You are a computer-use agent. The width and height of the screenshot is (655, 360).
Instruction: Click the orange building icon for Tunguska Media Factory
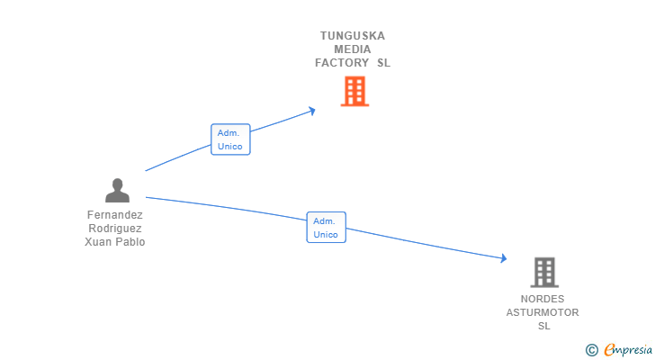[x=354, y=91]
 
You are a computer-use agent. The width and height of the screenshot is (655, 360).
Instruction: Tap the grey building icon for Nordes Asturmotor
[x=543, y=272]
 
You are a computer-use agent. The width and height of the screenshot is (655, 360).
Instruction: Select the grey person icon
[x=117, y=190]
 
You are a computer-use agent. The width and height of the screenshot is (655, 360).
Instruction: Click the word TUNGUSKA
[x=353, y=36]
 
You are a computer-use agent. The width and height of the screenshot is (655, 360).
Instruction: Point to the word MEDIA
[x=353, y=49]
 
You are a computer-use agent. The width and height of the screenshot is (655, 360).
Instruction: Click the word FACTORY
[x=342, y=63]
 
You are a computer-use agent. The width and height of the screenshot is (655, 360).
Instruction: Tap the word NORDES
[x=543, y=299]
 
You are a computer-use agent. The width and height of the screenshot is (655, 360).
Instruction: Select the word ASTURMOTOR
[x=543, y=312]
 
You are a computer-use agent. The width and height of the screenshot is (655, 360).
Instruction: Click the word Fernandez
[x=115, y=215]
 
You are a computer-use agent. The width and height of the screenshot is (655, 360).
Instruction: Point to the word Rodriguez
[x=115, y=229]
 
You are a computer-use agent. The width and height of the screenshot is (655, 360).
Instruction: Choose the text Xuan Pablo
[x=115, y=242]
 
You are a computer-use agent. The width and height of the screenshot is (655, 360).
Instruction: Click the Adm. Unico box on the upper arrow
[x=230, y=139]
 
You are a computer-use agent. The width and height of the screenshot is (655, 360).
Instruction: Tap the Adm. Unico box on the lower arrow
[x=326, y=228]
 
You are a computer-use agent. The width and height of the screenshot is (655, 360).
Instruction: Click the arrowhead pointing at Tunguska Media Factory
[x=312, y=111]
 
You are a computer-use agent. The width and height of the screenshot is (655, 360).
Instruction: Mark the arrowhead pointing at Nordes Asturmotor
[x=504, y=259]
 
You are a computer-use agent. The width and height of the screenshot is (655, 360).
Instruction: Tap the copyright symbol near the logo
[x=591, y=349]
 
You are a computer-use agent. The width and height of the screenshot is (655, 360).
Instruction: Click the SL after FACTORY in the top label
[x=383, y=63]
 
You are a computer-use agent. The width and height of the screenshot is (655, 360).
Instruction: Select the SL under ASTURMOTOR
[x=543, y=326]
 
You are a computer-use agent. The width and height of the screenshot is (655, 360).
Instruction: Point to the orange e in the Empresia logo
[x=609, y=350]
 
